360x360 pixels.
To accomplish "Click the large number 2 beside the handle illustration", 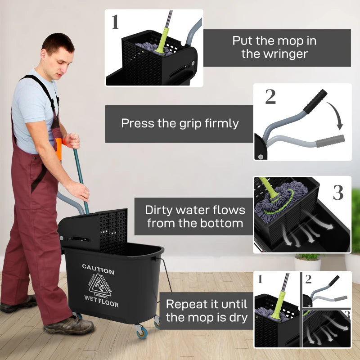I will (x=270, y=97).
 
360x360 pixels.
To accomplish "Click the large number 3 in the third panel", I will (x=338, y=193).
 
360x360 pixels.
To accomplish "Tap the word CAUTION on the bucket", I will (x=98, y=271).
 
